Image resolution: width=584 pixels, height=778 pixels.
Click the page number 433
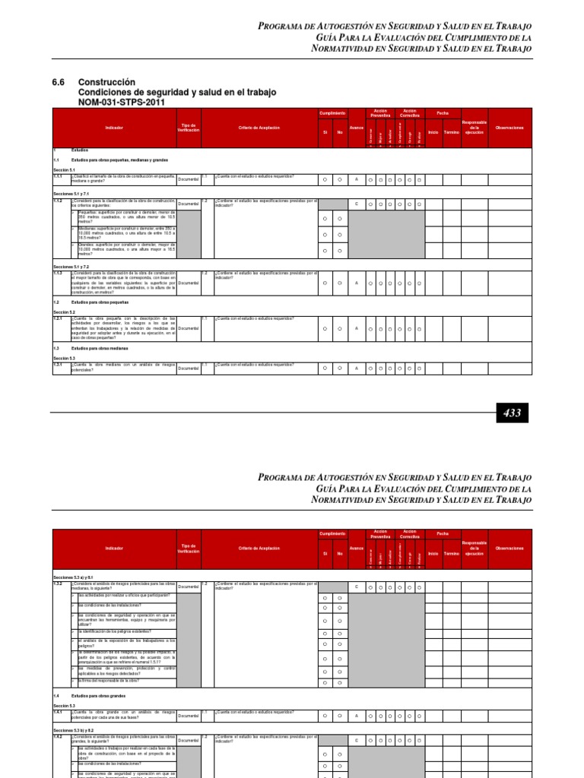513,413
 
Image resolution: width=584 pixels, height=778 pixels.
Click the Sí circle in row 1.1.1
324,180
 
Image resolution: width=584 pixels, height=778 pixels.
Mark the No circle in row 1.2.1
340,329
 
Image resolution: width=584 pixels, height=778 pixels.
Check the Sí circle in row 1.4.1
324,716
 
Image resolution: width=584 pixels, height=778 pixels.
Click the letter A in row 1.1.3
356,283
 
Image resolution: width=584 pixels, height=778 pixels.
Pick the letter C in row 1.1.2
356,204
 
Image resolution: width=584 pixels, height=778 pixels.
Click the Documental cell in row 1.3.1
189,368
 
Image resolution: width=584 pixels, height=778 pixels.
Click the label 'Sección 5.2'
64,312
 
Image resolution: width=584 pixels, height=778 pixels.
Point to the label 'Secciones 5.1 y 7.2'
71,267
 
